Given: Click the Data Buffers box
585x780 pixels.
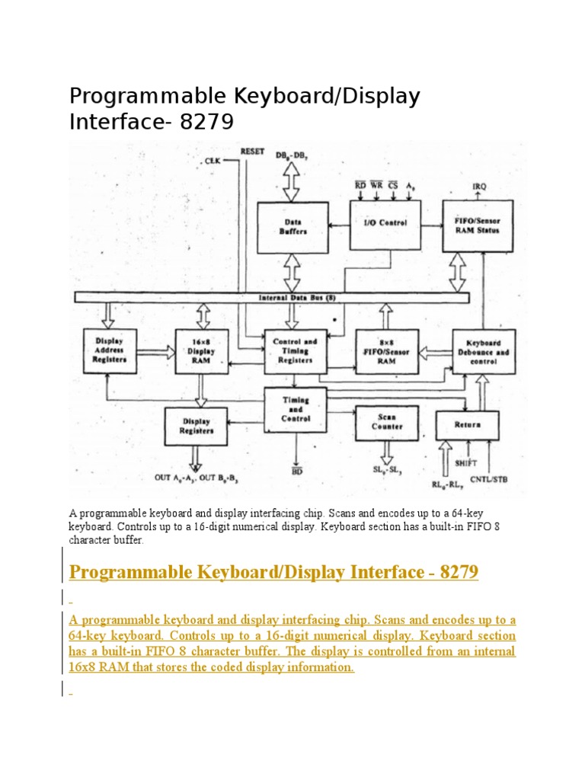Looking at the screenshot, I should point(292,227).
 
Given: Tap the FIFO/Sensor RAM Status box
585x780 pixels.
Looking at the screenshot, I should point(478,225).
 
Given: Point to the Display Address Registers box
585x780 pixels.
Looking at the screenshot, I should point(110,351).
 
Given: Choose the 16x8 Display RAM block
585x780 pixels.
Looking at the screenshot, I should point(201,351).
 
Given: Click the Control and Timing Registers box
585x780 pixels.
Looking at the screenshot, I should point(296,351).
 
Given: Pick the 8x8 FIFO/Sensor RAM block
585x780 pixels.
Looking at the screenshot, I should point(386,351).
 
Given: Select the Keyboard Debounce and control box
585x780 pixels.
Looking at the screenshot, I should point(484,351).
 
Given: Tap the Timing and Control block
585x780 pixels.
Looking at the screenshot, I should point(296,408).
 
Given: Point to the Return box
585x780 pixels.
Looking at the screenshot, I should point(467,424).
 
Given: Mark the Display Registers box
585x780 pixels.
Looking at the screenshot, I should point(196,426).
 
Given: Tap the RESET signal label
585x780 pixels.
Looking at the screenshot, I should point(252,152).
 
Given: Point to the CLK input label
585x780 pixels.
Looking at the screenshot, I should point(212,161).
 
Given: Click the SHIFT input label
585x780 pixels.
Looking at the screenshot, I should point(465,462).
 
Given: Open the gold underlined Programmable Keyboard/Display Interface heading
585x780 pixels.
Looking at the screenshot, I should point(273,571).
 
